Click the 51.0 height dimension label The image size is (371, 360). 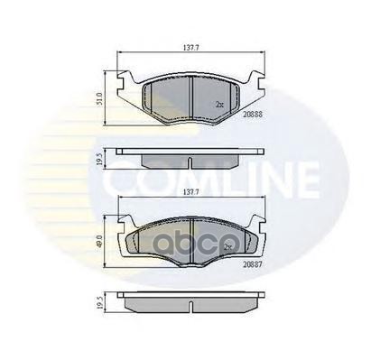point(102,96)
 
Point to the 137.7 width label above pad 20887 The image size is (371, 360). point(188,192)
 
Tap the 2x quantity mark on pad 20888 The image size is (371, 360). point(219,105)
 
